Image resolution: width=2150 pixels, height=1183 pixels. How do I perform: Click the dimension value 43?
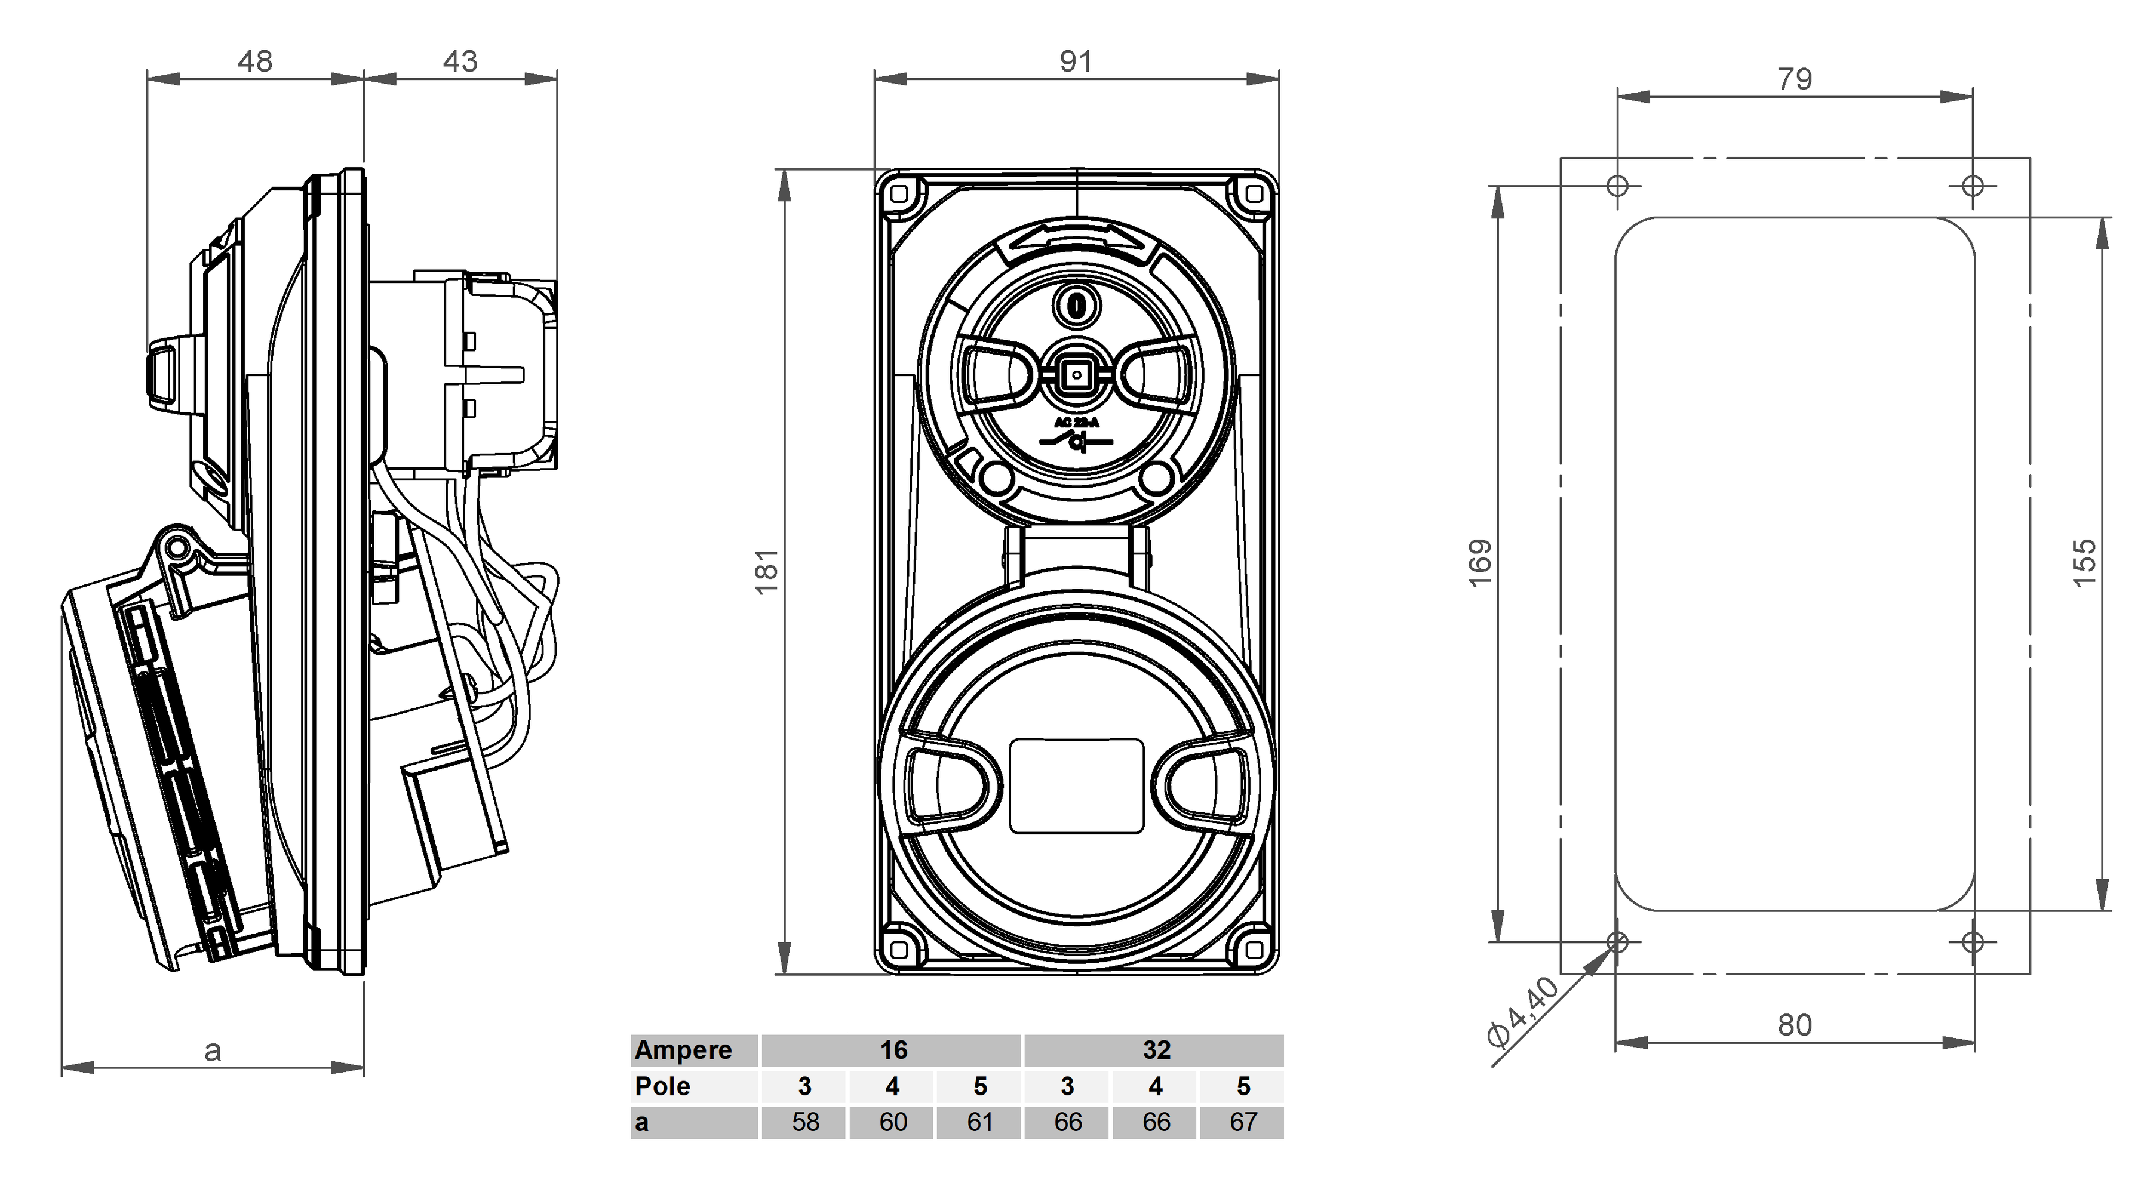[x=460, y=61]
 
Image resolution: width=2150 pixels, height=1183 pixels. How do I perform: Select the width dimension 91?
[x=1076, y=61]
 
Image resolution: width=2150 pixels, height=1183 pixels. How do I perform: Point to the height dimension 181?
[x=767, y=571]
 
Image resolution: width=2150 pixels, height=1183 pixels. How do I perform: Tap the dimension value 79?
[x=1795, y=79]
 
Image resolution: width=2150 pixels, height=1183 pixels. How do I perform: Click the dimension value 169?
[x=1480, y=563]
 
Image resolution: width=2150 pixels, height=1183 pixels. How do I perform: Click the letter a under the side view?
[x=213, y=1051]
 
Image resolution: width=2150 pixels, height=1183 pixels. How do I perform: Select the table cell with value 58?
[x=806, y=1122]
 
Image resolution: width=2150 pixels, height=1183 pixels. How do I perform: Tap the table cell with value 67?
[x=1243, y=1122]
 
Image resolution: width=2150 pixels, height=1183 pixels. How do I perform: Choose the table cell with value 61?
[x=980, y=1122]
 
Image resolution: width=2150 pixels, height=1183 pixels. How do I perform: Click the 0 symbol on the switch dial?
[x=1077, y=306]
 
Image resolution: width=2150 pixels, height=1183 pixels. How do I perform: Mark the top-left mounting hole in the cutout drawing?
[x=1617, y=185]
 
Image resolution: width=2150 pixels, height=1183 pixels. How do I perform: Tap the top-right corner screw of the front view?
[x=1254, y=195]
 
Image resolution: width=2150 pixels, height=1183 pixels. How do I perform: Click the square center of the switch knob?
[x=1077, y=375]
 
